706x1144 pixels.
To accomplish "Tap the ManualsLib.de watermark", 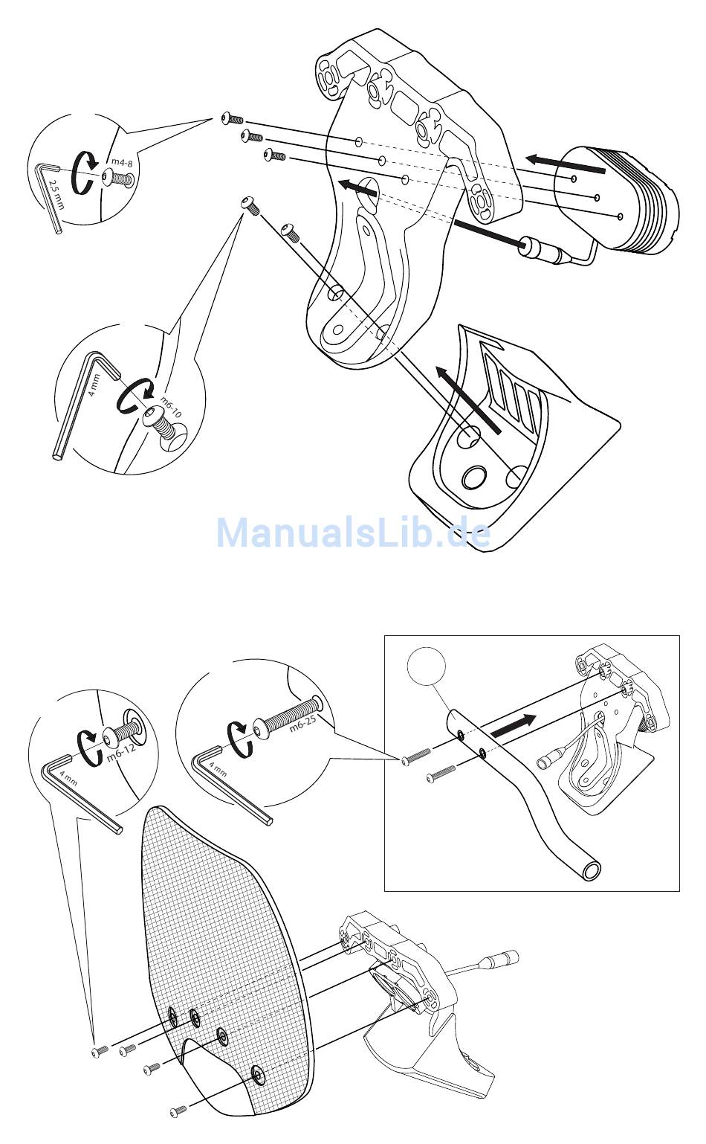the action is [353, 533].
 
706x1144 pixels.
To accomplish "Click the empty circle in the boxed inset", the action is [426, 665].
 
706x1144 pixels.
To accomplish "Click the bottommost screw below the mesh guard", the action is [178, 1111].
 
